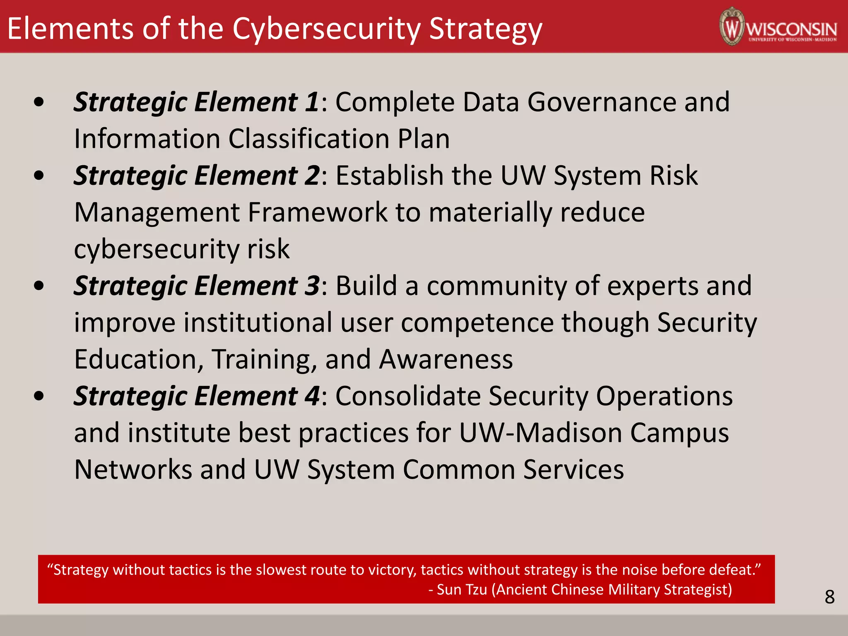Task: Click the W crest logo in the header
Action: pos(732,26)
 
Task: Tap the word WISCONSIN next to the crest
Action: pos(791,29)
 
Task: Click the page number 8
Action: pos(829,597)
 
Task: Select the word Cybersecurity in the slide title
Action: pos(326,29)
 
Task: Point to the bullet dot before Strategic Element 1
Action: pos(39,102)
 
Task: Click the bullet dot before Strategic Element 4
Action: pos(39,396)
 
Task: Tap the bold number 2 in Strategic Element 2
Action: pos(312,176)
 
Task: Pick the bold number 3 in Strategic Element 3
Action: pos(312,286)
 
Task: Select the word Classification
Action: pos(309,139)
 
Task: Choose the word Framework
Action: pos(317,212)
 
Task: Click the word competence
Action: pos(477,323)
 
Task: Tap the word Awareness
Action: pos(446,359)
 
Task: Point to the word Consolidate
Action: pos(407,396)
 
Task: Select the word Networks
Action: pos(133,470)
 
